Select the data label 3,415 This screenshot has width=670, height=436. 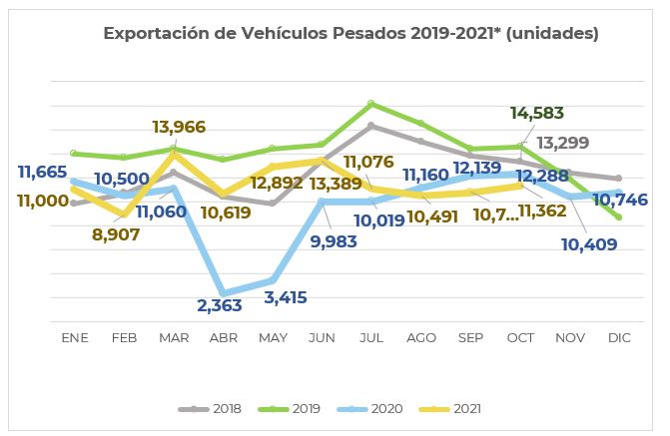click(285, 296)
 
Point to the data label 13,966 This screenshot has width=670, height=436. click(180, 127)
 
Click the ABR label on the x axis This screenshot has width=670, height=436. click(223, 338)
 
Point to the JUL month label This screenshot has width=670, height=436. click(371, 338)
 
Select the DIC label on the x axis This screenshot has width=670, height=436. click(619, 338)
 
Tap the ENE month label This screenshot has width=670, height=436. click(75, 338)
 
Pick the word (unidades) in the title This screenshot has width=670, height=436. click(552, 34)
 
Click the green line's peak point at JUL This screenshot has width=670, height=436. click(371, 103)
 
